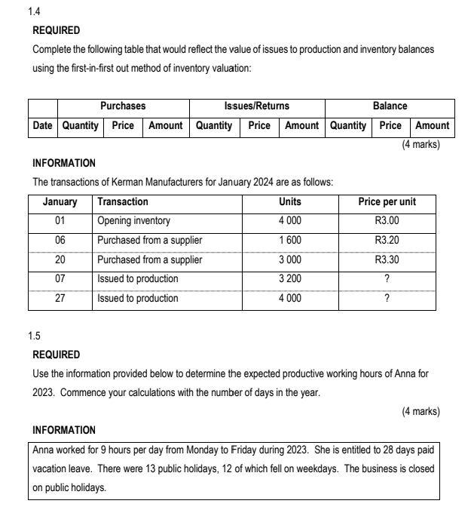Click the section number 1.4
point(33,13)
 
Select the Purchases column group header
point(123,106)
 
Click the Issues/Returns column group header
point(257,106)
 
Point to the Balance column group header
point(390,106)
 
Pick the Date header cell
point(43,125)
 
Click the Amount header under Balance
point(433,125)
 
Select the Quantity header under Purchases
point(81,125)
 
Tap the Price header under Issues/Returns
point(258,125)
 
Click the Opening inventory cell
point(134,221)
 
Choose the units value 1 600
point(290,241)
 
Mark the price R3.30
point(387,260)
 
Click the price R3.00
point(387,221)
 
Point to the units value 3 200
point(290,279)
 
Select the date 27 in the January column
point(60,298)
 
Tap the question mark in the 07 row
point(387,279)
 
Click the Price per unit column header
point(387,201)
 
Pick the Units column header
point(290,201)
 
